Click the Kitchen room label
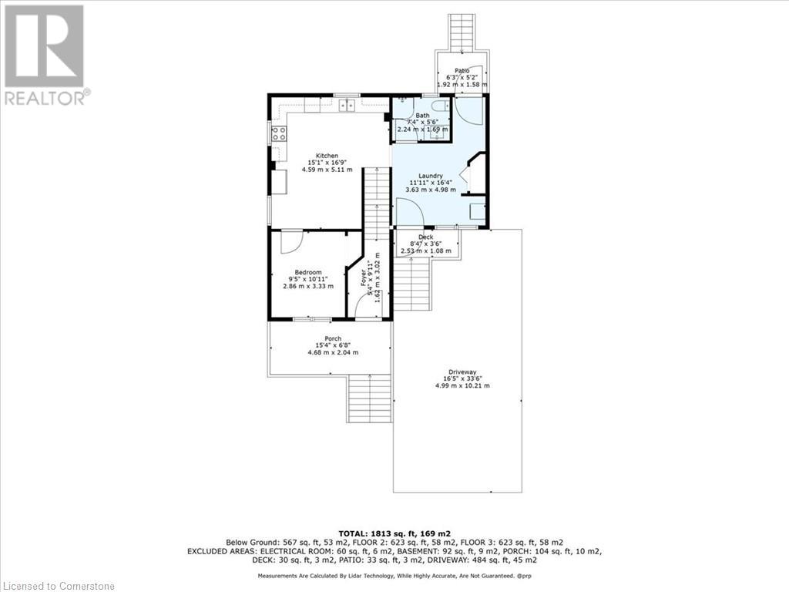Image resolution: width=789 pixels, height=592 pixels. (321, 156)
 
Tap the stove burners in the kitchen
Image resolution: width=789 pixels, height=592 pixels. (278, 134)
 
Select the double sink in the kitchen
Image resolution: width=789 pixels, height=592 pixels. (346, 106)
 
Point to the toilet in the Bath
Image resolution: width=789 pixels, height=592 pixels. (438, 107)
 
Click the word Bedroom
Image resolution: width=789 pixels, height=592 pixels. (305, 272)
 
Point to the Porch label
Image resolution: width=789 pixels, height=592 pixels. (332, 339)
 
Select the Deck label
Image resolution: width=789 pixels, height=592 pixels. (425, 237)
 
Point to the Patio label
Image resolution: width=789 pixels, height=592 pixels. (462, 71)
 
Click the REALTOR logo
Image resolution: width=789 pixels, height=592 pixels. (45, 54)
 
